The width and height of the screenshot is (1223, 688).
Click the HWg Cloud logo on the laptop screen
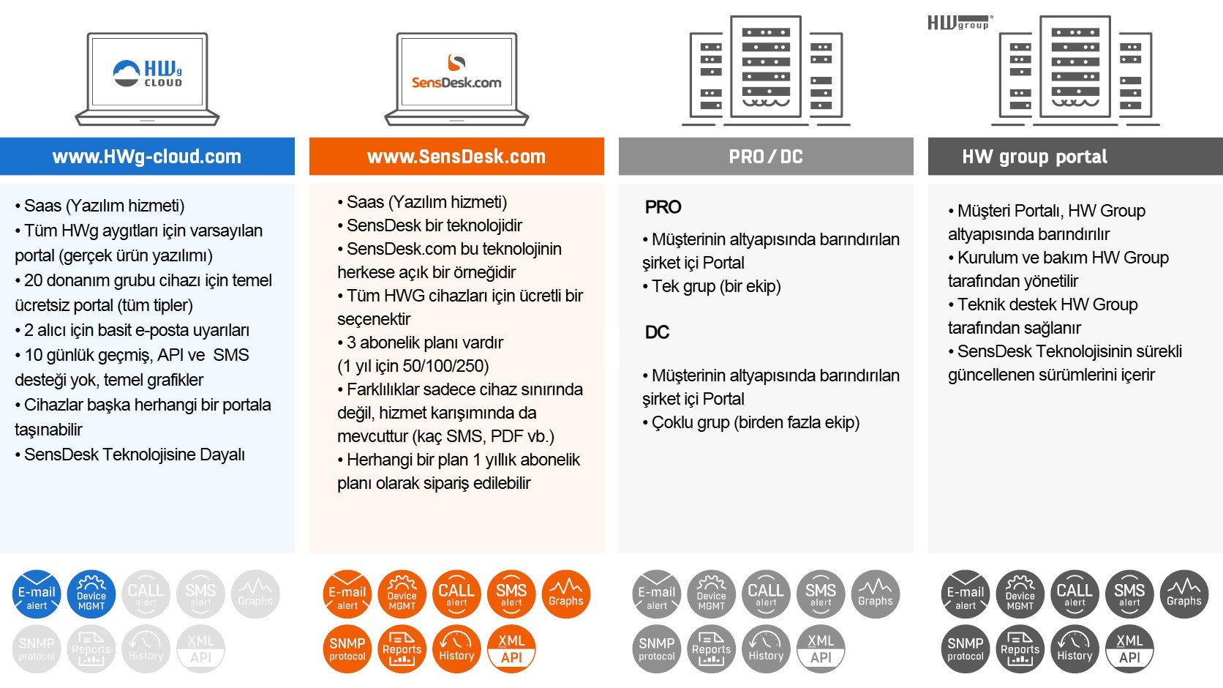(148, 73)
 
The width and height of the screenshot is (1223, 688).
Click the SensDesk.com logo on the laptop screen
(456, 73)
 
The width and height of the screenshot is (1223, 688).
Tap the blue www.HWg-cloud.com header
(147, 157)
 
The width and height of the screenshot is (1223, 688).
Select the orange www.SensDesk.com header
(456, 157)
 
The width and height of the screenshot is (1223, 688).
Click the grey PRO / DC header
(766, 157)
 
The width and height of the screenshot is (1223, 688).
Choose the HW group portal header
(1034, 157)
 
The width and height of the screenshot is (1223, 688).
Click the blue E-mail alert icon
(37, 594)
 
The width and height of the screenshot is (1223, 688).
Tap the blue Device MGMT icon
(91, 594)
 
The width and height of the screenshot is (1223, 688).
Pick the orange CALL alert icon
(456, 594)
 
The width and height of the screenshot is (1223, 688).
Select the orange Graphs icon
(566, 594)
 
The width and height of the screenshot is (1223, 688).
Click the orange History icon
(456, 648)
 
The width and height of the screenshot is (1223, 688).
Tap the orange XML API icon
(511, 648)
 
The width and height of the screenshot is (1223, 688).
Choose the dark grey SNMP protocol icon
(966, 648)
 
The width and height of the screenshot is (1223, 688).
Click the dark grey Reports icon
(1020, 648)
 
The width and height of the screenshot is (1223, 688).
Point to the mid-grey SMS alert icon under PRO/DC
(821, 594)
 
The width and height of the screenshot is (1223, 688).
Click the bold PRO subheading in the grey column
(663, 207)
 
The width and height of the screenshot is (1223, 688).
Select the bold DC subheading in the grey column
(657, 332)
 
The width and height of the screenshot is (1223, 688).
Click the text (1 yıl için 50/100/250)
(413, 366)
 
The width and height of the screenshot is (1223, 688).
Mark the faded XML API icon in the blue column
(201, 648)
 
